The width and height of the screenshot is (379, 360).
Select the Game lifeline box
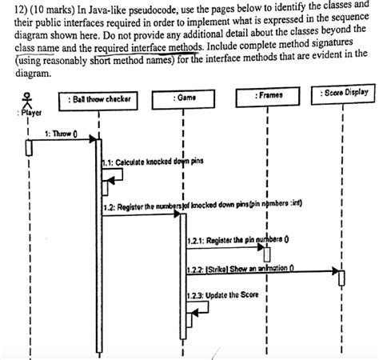[x=185, y=98]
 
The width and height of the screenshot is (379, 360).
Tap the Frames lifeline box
[x=265, y=96]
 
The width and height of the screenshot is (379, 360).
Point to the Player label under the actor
[x=28, y=114]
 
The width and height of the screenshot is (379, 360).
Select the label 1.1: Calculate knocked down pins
[x=154, y=161]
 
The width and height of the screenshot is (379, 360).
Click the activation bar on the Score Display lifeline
[x=341, y=278]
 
